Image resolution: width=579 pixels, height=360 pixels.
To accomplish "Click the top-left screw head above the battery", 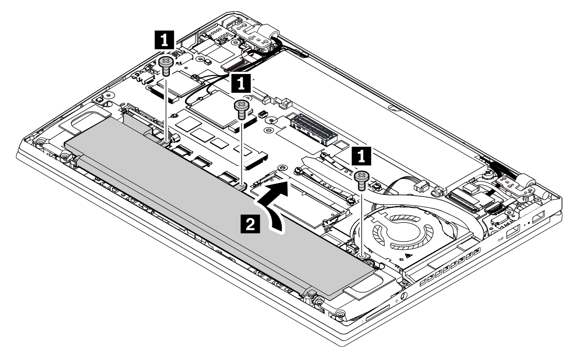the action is pyautogui.click(x=165, y=62).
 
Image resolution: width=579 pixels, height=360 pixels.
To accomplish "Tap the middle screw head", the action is pyautogui.click(x=241, y=105).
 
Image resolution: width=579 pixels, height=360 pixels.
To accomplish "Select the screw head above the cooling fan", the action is pyautogui.click(x=362, y=176).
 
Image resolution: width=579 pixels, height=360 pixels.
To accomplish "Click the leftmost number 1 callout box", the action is pyautogui.click(x=165, y=40).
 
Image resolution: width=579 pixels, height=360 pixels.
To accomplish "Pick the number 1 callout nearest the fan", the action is pyautogui.click(x=361, y=156).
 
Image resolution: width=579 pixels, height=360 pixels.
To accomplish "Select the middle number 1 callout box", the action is pyautogui.click(x=241, y=83).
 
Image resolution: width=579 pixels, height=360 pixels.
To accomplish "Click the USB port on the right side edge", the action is pyautogui.click(x=513, y=231).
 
